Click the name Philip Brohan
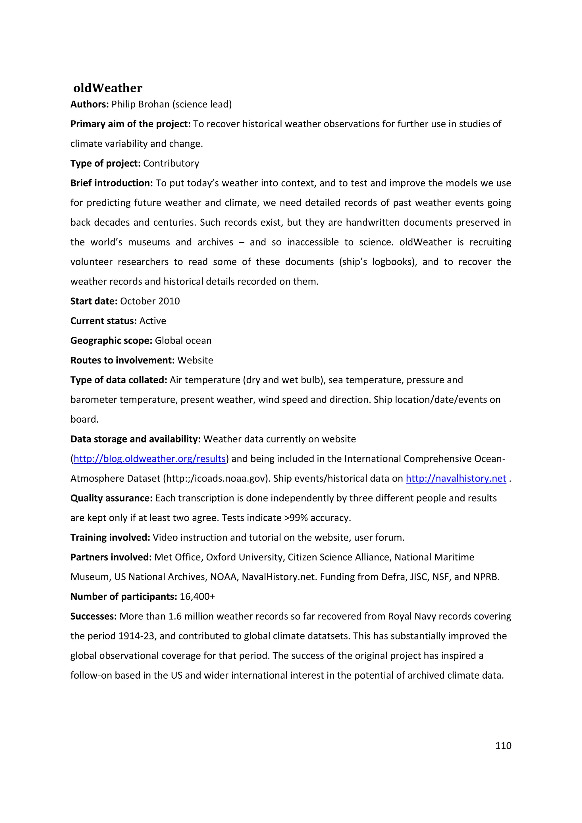pos(140,104)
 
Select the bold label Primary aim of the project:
pos(130,124)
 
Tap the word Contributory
pos(171,163)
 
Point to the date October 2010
pos(150,301)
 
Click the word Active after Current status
pos(153,321)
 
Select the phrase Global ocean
pos(183,340)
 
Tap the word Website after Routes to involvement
pos(195,360)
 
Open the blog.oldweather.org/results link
pos(149,459)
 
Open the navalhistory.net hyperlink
pos(456,479)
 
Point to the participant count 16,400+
pos(198,597)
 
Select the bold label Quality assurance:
pos(111,498)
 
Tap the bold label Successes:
pos(93,616)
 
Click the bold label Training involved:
pos(110,538)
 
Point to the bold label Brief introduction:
pos(111,183)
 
